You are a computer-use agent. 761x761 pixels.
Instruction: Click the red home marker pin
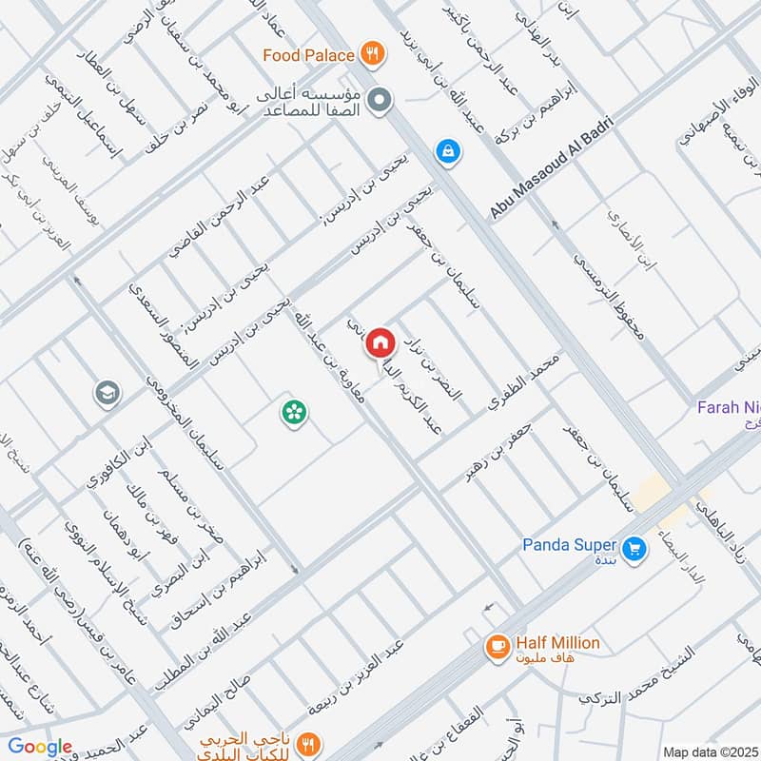click(x=381, y=341)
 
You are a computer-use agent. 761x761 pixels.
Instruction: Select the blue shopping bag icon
click(x=445, y=150)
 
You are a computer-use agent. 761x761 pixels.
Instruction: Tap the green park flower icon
click(x=293, y=412)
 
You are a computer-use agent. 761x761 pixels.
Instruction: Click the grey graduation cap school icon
click(x=106, y=392)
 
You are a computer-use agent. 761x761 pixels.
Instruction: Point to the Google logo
click(x=41, y=747)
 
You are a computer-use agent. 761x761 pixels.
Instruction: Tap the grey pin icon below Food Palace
click(x=380, y=100)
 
